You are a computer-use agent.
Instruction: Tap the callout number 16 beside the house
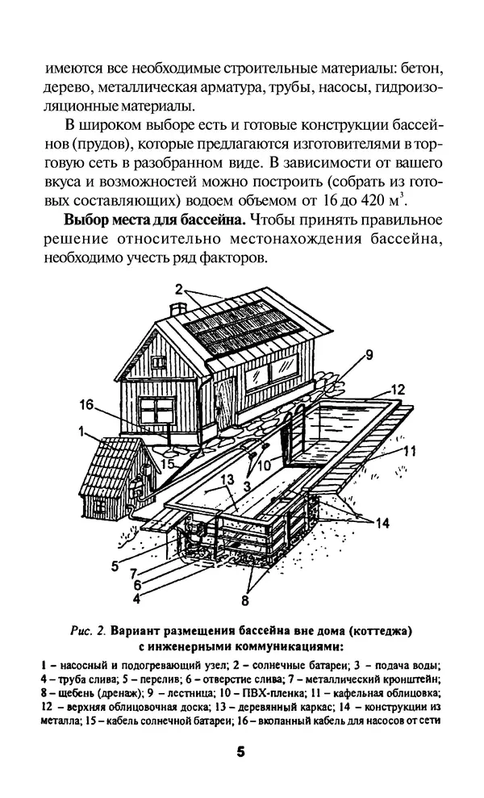[x=87, y=404]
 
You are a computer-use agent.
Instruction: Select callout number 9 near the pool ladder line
[x=369, y=353]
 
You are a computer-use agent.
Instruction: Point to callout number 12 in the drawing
[x=397, y=390]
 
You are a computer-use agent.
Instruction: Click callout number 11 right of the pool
[x=409, y=451]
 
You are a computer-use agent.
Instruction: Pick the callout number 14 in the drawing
[x=382, y=523]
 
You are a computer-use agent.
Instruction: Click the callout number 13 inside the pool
[x=228, y=480]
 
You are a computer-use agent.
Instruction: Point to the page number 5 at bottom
[x=241, y=751]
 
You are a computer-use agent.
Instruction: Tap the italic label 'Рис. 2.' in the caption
[x=90, y=629]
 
